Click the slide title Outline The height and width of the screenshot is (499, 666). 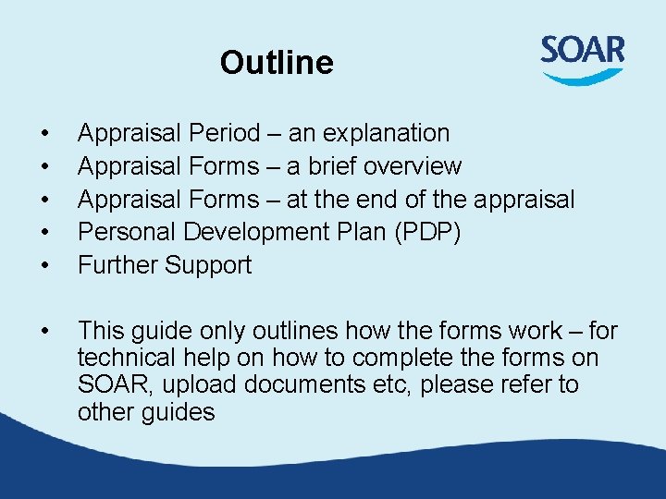click(277, 63)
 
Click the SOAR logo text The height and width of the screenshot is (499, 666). click(583, 50)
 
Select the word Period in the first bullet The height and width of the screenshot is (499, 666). click(225, 134)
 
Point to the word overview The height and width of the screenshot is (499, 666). click(413, 167)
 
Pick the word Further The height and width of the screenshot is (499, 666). click(117, 266)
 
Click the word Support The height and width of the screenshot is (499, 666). click(208, 266)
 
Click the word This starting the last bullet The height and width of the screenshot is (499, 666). click(101, 332)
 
